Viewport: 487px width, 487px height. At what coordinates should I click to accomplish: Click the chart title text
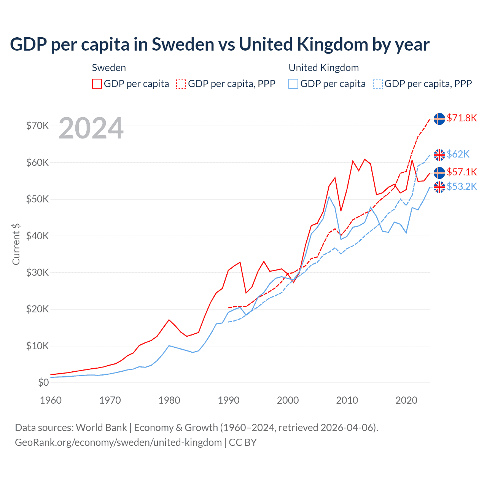(220, 45)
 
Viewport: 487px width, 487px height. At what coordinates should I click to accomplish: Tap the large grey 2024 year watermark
(91, 128)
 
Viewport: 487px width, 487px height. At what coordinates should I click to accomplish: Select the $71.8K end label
(462, 118)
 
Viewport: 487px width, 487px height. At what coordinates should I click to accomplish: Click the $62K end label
(458, 154)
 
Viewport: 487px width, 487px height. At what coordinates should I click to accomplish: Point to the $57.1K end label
(462, 172)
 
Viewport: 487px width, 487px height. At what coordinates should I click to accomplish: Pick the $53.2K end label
(462, 186)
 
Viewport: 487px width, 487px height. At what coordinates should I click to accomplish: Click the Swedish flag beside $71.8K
(439, 119)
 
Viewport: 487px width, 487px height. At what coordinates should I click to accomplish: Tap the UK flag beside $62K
(439, 155)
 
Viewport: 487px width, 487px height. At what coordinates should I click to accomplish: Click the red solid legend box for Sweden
(97, 84)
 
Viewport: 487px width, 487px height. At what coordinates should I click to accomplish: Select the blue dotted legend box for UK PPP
(378, 84)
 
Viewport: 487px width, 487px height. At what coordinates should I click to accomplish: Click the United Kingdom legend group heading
(323, 68)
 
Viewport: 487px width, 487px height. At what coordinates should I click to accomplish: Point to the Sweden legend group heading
(109, 68)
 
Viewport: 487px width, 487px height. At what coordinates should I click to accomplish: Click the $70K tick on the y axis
(37, 126)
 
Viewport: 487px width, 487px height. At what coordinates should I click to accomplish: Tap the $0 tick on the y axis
(43, 382)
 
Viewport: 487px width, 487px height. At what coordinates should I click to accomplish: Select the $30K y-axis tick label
(37, 272)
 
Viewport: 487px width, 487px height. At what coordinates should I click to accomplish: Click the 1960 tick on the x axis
(51, 400)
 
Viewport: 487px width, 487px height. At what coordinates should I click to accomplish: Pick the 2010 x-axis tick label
(347, 400)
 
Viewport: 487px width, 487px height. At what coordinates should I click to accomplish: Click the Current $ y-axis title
(16, 244)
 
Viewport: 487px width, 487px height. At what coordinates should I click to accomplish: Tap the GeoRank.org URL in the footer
(118, 442)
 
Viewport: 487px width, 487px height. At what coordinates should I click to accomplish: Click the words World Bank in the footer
(101, 428)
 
